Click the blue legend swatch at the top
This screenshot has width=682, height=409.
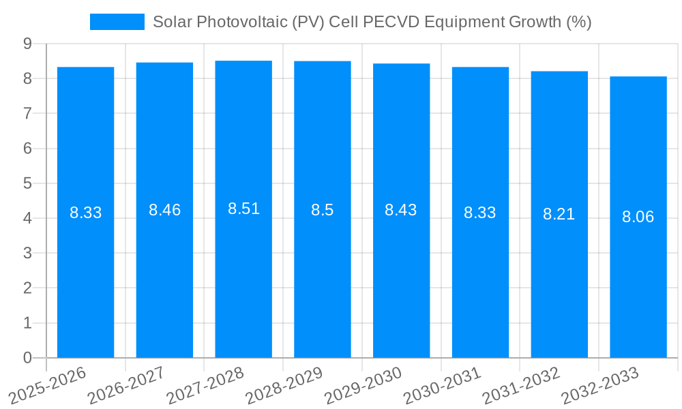click(117, 22)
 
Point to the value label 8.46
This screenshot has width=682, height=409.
click(164, 210)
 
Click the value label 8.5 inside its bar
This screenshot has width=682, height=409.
click(322, 210)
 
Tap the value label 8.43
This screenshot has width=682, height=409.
click(401, 210)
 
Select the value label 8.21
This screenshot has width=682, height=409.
click(559, 214)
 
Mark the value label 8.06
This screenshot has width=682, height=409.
click(638, 217)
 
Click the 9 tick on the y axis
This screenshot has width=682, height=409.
click(27, 44)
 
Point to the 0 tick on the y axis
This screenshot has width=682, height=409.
click(27, 358)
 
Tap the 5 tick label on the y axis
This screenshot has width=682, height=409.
click(27, 183)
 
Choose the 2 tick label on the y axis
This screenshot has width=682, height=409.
click(27, 288)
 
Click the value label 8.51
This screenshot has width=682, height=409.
click(243, 209)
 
